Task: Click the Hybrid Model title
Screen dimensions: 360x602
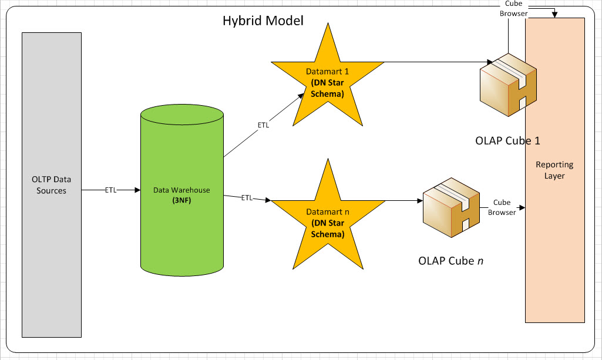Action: [263, 21]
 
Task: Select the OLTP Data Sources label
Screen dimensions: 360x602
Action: [51, 185]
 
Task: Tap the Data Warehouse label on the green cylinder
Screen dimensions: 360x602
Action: [181, 190]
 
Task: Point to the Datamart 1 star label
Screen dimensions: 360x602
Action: [327, 71]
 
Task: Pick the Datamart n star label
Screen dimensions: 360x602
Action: [327, 211]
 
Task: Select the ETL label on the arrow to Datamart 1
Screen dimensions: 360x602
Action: [264, 125]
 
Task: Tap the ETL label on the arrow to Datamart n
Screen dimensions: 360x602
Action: [247, 198]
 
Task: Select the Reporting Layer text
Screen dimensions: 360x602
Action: [554, 170]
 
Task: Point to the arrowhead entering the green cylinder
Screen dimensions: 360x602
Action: [137, 190]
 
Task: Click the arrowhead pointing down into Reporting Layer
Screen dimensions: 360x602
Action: [555, 15]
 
